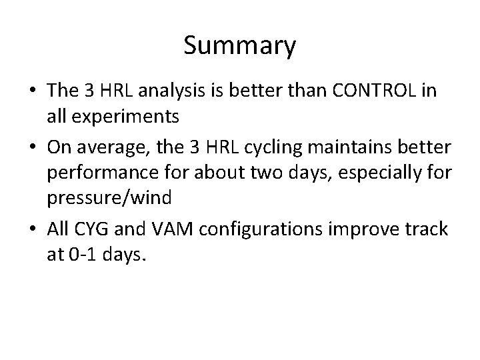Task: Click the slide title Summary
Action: [x=239, y=46]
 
